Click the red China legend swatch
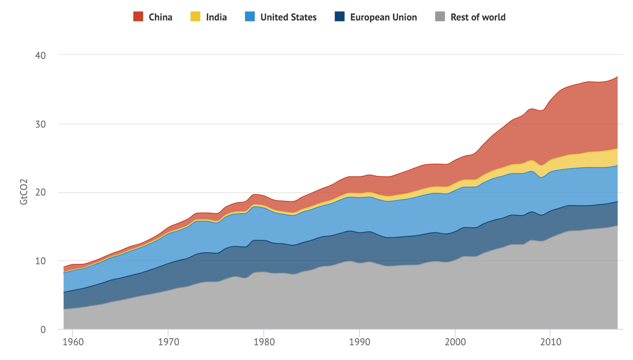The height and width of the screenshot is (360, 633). (138, 17)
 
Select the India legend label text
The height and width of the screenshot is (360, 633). (216, 17)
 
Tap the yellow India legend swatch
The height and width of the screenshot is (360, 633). (195, 17)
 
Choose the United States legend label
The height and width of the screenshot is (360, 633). (288, 17)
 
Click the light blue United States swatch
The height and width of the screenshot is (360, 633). (250, 17)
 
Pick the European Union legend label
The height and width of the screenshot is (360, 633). (383, 17)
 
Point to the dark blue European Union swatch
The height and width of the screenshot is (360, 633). (340, 17)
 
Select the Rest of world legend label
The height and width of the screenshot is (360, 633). (478, 17)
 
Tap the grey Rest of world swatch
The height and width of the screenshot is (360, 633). (440, 17)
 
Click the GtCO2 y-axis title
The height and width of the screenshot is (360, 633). (24, 192)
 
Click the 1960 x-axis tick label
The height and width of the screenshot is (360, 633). (73, 342)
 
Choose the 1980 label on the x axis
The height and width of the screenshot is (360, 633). (264, 342)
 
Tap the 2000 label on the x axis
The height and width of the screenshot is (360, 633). (455, 342)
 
